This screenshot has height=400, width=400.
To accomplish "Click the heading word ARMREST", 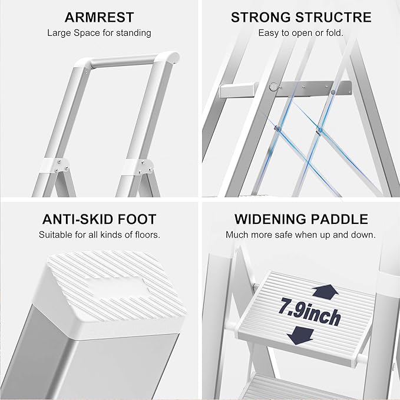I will (x=99, y=17).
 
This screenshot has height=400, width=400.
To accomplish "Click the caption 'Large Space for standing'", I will (x=99, y=33).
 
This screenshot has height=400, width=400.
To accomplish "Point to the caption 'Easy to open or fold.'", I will (x=300, y=33).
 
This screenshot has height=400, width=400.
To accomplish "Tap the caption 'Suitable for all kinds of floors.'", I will (x=99, y=235).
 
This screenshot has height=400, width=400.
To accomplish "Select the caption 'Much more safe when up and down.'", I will (x=300, y=235).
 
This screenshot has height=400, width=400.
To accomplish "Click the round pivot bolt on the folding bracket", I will (x=272, y=86).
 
